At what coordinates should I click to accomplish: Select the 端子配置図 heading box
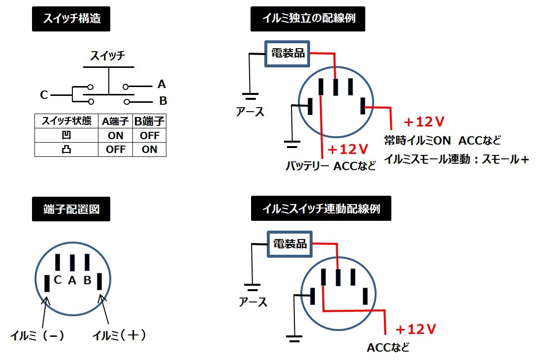pyautogui.click(x=71, y=209)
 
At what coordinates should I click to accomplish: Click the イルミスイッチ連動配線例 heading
pyautogui.click(x=321, y=209)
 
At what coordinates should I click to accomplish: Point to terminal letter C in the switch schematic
pyautogui.click(x=44, y=95)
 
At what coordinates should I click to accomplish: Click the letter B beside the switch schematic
pyautogui.click(x=163, y=101)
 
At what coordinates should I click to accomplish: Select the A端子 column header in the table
pyautogui.click(x=116, y=121)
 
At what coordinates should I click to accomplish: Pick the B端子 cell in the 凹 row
pyautogui.click(x=149, y=135)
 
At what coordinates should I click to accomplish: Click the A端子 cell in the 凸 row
pyautogui.click(x=116, y=150)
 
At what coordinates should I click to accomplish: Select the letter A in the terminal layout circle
pyautogui.click(x=72, y=280)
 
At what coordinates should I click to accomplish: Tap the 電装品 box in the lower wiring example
pyautogui.click(x=289, y=244)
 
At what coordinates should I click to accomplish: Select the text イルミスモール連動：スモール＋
pyautogui.click(x=456, y=159)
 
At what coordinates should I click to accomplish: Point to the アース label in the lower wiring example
pyautogui.click(x=253, y=301)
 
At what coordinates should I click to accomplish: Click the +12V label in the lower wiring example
pyautogui.click(x=416, y=329)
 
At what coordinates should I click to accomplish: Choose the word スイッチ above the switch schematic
pyautogui.click(x=108, y=56)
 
